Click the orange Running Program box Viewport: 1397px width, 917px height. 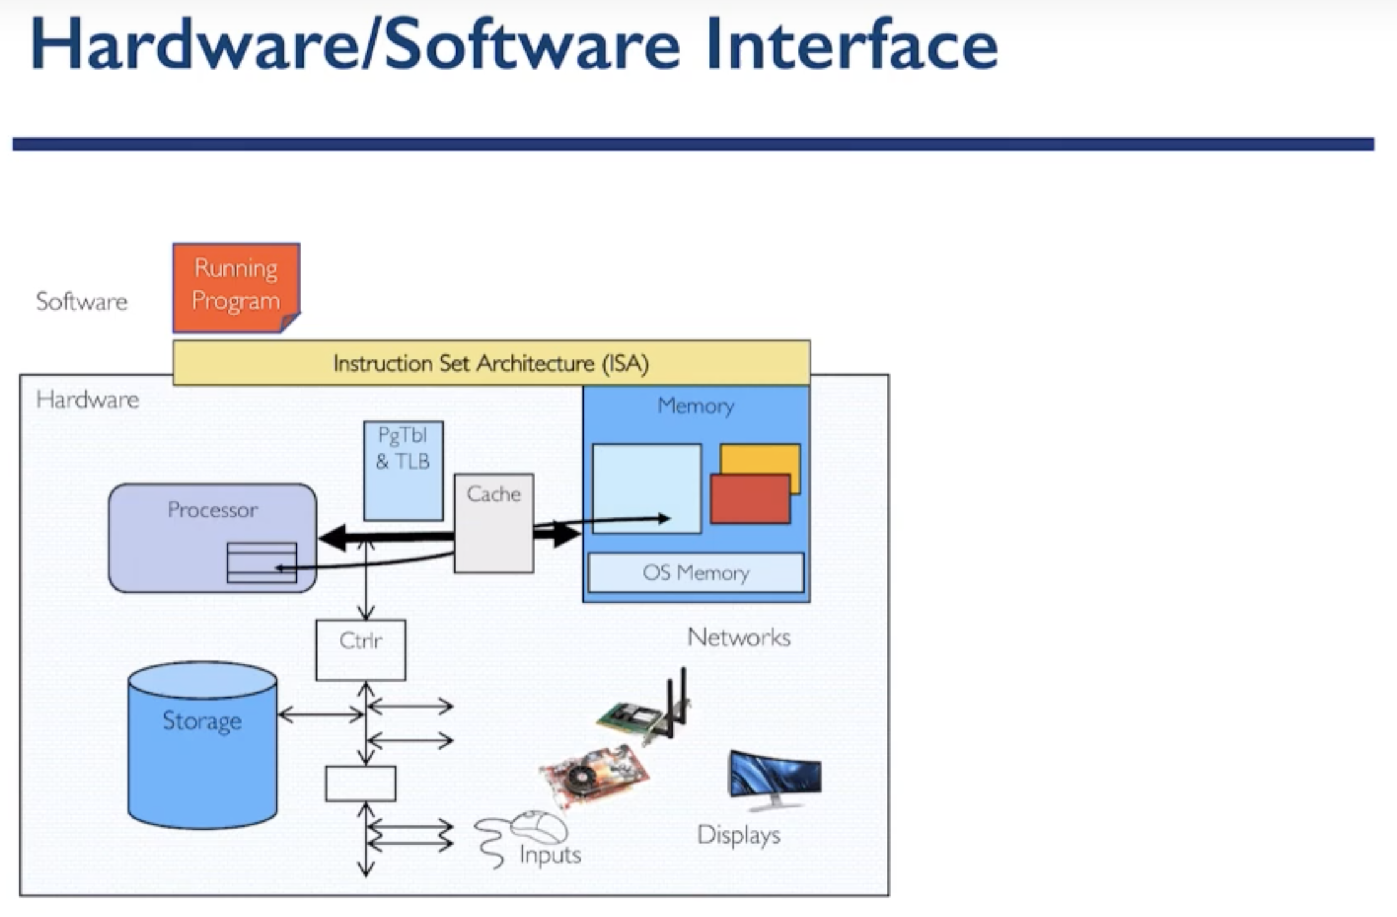pos(236,287)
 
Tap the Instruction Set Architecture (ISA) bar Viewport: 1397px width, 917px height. pos(491,363)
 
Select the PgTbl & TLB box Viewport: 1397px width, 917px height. pos(403,470)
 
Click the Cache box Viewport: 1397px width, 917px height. pos(494,522)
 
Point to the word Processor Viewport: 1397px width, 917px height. pos(212,509)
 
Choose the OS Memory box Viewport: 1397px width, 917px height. pos(695,572)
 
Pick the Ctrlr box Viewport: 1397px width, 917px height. pos(360,650)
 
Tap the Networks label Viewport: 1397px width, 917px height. pos(739,637)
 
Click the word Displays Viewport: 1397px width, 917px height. pos(739,835)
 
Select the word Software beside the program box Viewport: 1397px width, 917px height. pos(82,301)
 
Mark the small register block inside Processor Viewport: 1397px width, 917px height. pos(262,563)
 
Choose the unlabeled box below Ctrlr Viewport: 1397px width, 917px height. pos(360,783)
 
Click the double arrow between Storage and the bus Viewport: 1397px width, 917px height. pos(321,714)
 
